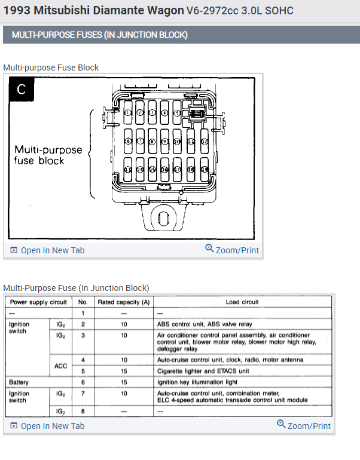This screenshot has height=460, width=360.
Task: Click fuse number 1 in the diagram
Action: point(127,112)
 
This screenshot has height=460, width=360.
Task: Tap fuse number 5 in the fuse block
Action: point(176,112)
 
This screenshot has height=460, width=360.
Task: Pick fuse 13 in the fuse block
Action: point(127,169)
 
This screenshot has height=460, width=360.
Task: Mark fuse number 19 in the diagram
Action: point(204,169)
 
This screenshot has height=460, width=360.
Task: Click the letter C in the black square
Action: point(22,90)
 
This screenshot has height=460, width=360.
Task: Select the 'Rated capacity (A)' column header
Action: point(124,302)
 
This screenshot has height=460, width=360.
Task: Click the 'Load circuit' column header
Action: point(242,302)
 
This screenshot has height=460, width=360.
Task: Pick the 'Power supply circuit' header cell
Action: point(38,302)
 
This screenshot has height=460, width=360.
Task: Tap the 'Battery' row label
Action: point(19,382)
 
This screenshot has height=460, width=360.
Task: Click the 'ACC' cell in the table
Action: point(61,366)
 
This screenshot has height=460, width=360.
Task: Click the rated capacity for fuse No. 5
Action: point(124,371)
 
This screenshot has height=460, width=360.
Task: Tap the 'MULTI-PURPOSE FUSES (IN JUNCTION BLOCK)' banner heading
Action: point(99,35)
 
